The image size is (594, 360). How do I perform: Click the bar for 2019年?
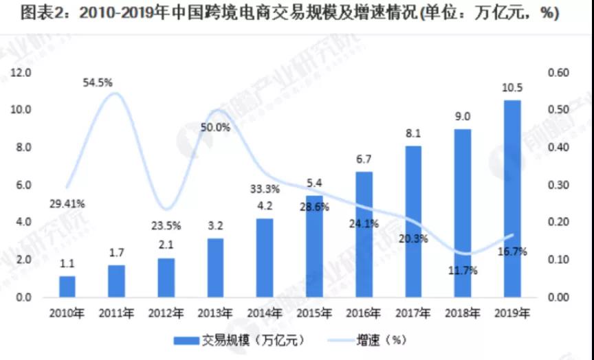(x=512, y=199)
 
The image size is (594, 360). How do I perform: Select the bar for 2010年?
(x=67, y=286)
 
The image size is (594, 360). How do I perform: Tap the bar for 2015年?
(x=314, y=246)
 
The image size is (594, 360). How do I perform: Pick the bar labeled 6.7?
(x=364, y=234)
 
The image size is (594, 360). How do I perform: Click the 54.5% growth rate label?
(x=98, y=82)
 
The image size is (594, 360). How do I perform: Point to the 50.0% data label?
(x=217, y=127)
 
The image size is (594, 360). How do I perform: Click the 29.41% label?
(x=67, y=203)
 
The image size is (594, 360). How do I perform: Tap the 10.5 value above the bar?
(x=512, y=89)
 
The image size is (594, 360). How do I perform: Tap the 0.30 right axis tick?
(x=559, y=185)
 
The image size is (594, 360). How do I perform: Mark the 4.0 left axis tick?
(x=23, y=223)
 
